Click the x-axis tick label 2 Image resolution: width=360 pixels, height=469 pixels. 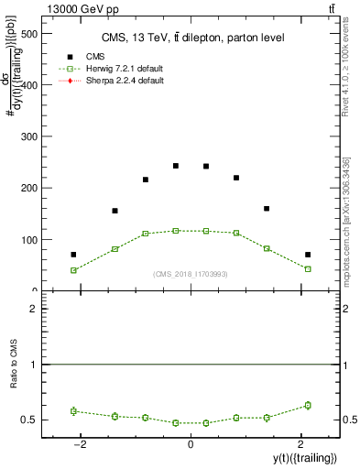[300, 445]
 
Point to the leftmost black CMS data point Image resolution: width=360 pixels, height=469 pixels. [73, 254]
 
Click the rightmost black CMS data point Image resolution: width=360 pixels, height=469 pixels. [308, 254]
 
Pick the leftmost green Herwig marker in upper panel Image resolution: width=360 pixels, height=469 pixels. [73, 270]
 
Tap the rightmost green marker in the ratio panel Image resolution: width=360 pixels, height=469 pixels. [308, 405]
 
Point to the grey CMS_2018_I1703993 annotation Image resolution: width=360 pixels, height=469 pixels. [190, 273]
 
